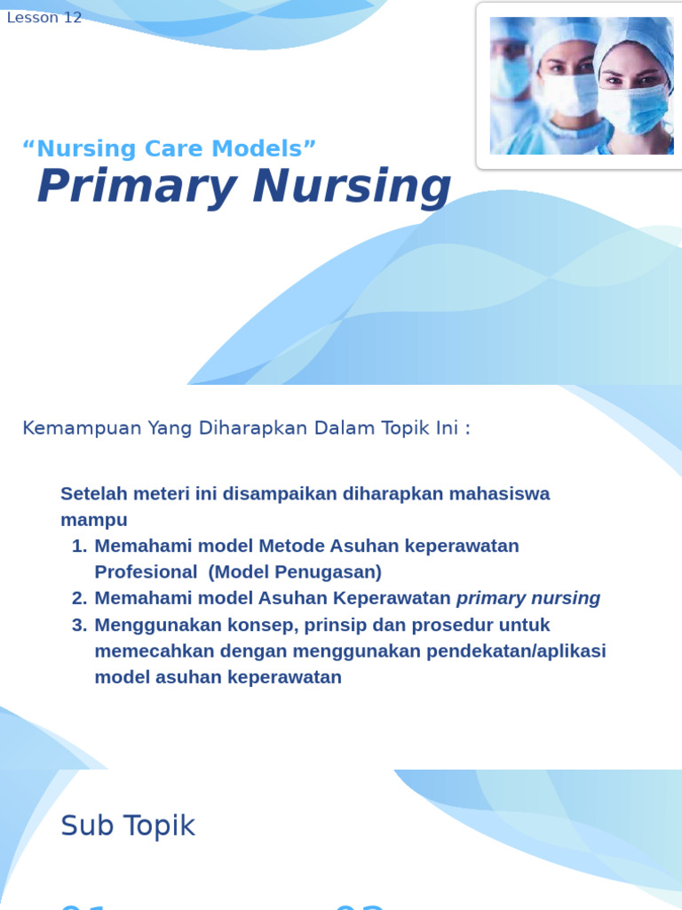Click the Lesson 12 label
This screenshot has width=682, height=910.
point(44,18)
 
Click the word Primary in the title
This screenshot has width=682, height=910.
point(137,187)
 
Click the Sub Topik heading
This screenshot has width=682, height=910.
point(127,826)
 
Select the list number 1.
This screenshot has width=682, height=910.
point(78,546)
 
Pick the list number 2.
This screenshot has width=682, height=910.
point(78,598)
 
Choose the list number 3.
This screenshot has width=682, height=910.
point(78,625)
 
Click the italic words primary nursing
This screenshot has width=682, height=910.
point(528,598)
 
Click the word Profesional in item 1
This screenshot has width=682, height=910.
point(146,571)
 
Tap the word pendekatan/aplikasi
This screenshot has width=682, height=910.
point(516,651)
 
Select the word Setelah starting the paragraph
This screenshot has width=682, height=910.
point(91,493)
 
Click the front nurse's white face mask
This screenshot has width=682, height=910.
point(631,108)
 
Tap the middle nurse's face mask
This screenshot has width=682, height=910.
point(569,94)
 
